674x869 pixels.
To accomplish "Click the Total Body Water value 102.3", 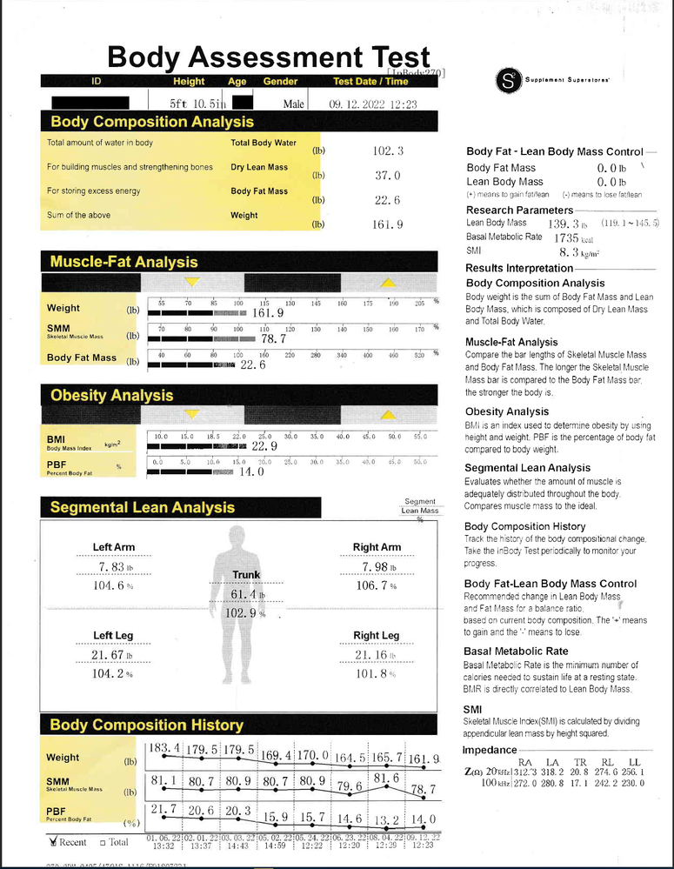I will (x=387, y=150).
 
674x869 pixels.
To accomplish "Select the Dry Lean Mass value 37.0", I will (x=387, y=175).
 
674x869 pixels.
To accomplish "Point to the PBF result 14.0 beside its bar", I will (x=251, y=471).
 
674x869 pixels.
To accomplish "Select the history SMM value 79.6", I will (x=348, y=787).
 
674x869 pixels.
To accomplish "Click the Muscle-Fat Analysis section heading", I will (x=123, y=262).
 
